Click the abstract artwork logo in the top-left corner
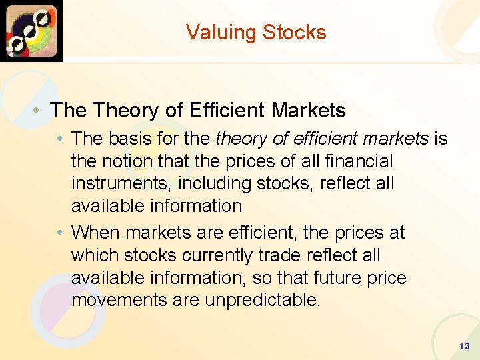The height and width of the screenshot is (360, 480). [31, 31]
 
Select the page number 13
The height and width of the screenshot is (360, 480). [465, 346]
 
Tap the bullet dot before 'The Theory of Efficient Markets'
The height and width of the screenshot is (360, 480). [40, 111]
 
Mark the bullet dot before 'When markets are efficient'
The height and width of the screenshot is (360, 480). [61, 233]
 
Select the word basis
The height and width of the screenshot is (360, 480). [123, 139]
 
